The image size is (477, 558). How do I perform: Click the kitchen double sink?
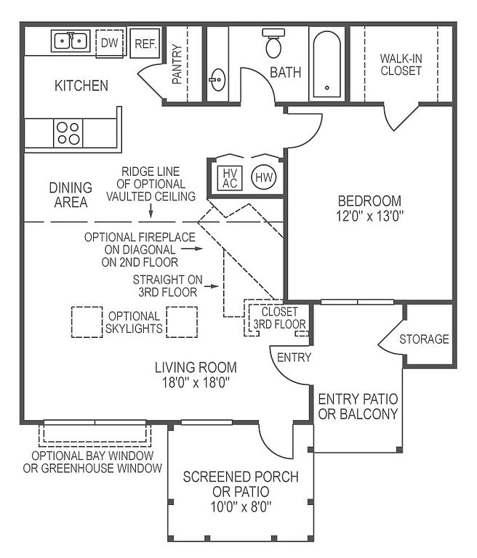(71, 41)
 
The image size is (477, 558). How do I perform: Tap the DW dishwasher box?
(109, 44)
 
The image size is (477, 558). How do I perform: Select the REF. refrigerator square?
(145, 44)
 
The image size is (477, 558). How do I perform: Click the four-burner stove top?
(68, 133)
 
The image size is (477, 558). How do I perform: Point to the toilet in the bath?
(273, 44)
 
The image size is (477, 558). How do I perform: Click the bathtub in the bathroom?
(326, 65)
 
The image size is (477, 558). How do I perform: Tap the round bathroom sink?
(217, 79)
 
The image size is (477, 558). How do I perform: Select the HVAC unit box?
(230, 178)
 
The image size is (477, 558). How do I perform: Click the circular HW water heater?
(264, 177)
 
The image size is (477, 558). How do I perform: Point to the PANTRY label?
(177, 64)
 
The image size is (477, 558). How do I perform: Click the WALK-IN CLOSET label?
(401, 65)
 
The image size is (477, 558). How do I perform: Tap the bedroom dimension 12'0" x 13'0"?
(370, 216)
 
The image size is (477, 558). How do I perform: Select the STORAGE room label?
(424, 339)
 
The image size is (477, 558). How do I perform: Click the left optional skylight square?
(87, 322)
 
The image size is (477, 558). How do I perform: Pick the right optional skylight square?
(182, 322)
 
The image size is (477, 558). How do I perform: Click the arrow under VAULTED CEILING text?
(151, 211)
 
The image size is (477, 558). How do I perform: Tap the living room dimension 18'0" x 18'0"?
(196, 383)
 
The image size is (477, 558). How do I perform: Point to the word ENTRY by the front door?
(294, 357)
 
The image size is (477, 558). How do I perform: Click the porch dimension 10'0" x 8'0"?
(241, 506)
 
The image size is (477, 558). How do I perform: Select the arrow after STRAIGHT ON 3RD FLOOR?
(212, 286)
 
